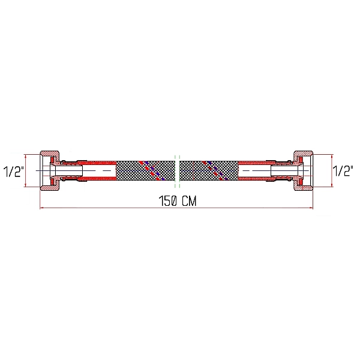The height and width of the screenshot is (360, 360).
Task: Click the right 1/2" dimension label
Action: [344, 172]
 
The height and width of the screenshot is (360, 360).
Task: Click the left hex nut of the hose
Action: [47, 170]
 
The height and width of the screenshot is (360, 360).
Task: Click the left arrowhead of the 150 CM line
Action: [41, 209]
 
